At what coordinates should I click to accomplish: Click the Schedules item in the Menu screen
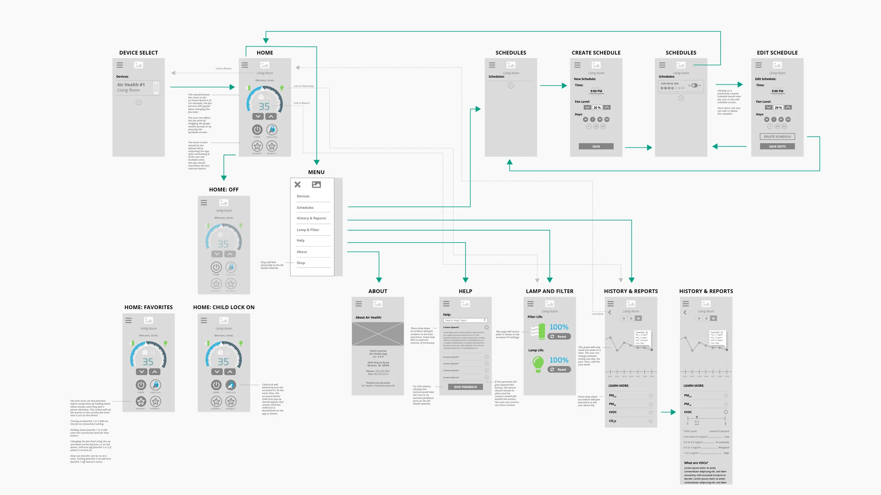[305, 208]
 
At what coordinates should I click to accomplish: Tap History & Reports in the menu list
[311, 218]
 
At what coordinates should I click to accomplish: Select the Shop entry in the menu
[301, 263]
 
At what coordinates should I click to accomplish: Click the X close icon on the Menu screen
[297, 184]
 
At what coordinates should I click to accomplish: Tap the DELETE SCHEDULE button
[777, 137]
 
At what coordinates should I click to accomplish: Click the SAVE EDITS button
[777, 146]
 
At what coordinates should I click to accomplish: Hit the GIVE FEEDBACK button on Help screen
[465, 387]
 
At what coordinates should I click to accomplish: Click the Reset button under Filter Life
[559, 337]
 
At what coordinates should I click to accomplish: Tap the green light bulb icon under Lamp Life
[538, 364]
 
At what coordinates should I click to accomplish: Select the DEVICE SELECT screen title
[138, 53]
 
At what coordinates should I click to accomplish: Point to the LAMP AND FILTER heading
[549, 291]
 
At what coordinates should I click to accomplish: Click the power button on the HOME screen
[257, 130]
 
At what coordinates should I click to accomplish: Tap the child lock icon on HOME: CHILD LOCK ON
[231, 385]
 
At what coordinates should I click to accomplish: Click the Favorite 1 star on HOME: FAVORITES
[141, 401]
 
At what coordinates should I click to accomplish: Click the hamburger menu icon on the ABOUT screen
[359, 304]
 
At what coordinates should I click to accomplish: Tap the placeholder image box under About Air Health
[378, 334]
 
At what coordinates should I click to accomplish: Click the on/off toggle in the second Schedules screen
[694, 85]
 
